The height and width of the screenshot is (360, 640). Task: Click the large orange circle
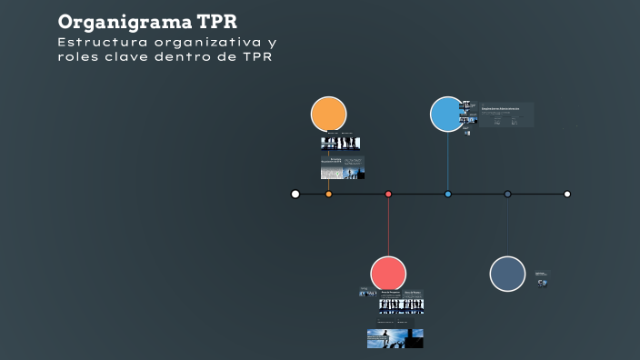pos(328,115)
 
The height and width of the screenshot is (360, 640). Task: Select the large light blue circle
pos(447,115)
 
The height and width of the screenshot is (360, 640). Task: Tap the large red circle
pos(388,274)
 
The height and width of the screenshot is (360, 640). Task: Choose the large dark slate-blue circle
pos(507,274)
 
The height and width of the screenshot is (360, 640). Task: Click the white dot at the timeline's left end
pos(295,194)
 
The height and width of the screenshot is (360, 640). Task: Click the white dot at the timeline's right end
pos(567,194)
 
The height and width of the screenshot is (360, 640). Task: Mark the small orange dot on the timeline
pos(328,194)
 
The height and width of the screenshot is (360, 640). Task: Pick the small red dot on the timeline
pos(388,194)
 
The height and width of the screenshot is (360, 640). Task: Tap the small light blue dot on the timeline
pos(447,194)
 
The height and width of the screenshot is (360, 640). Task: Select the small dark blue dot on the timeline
pos(507,194)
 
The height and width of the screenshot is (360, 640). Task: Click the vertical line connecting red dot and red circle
pos(388,227)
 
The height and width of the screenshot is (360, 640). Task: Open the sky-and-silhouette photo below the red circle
pos(395,338)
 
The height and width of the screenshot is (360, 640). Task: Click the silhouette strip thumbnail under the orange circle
pos(340,144)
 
